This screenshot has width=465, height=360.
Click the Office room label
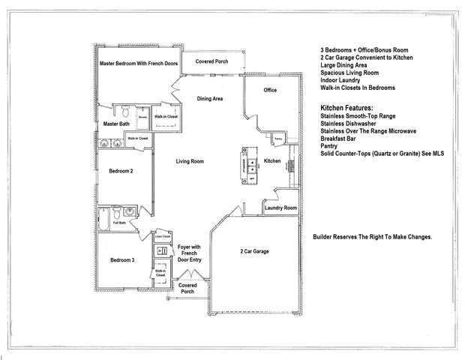coord(270,90)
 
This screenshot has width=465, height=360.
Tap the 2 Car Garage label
coord(254,251)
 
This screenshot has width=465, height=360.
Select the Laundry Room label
coord(280,208)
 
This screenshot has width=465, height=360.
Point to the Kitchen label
coord(272,161)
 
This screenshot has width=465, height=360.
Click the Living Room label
coord(191,161)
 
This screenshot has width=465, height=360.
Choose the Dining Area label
coord(210,98)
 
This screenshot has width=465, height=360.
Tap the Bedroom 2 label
coord(121,171)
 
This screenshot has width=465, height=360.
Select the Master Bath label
coord(116,124)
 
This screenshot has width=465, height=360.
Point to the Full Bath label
coord(118,223)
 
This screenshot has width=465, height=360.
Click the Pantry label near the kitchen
coord(277,139)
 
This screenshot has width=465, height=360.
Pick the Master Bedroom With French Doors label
coord(138,64)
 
